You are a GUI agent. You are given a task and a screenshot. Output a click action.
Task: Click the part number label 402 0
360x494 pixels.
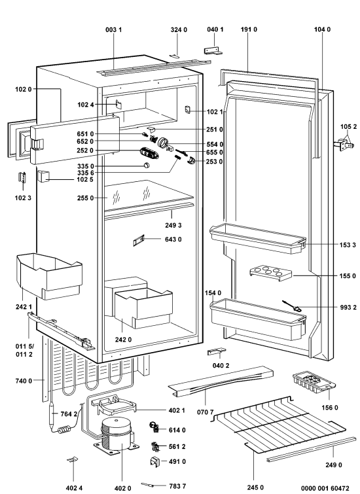122,488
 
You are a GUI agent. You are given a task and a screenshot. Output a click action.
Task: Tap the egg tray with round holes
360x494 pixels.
270,273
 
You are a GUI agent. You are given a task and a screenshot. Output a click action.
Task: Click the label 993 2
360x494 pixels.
348,307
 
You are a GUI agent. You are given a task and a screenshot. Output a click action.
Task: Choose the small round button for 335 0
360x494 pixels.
146,166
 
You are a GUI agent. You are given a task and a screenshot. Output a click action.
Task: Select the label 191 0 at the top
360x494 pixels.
249,29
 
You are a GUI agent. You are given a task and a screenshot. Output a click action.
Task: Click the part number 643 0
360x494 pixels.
173,239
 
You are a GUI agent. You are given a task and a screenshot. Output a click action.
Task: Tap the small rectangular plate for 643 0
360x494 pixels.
139,241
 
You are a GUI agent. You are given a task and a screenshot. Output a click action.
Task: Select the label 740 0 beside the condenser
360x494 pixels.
24,381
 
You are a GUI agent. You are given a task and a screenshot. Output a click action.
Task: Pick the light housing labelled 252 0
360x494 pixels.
149,154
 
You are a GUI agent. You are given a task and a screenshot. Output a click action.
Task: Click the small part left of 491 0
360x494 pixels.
155,461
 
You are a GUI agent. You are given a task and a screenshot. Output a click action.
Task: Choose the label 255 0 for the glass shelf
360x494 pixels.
86,198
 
